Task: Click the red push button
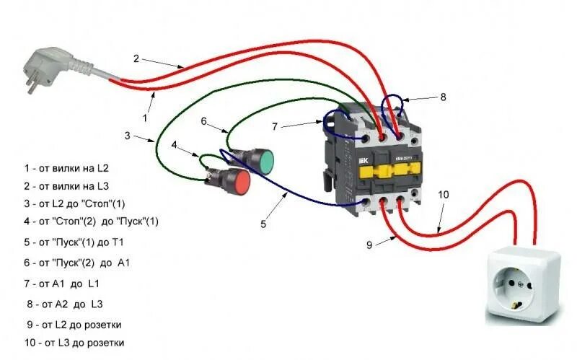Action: tap(234, 181)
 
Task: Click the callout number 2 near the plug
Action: tap(135, 58)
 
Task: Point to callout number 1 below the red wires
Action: tap(145, 116)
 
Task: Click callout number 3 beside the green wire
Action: tap(127, 135)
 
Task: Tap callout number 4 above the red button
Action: tap(174, 144)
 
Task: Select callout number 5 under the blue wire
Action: tap(263, 224)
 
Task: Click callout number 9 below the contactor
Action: tap(369, 245)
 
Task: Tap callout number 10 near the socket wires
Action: tap(443, 195)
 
